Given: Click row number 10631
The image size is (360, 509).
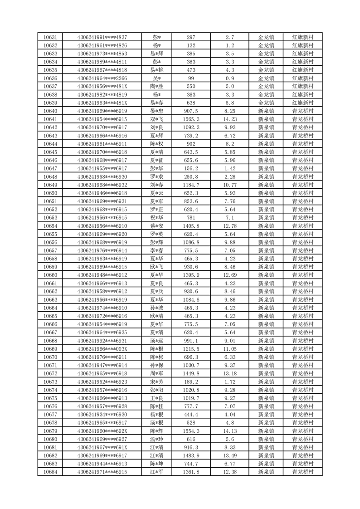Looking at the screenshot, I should click(50, 37).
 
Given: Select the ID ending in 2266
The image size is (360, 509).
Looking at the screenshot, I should click(102, 78).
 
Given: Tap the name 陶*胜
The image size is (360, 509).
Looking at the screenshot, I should click(156, 86).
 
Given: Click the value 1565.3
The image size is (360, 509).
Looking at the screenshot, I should click(191, 119).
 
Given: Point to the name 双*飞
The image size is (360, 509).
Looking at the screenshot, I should click(156, 119).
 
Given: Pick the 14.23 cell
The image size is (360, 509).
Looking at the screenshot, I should click(229, 119).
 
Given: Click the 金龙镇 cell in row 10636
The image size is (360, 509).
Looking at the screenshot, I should click(266, 78).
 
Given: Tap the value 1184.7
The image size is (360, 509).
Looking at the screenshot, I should click(191, 185).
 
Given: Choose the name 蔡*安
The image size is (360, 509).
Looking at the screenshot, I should click(156, 226).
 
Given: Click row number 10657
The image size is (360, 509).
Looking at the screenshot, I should click(50, 250).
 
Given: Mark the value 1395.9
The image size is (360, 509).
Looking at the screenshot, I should click(191, 275).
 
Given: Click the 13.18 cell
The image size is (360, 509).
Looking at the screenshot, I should click(229, 373).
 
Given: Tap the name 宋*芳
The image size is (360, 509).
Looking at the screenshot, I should click(156, 382).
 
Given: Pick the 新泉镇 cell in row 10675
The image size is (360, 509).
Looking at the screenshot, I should click(266, 398).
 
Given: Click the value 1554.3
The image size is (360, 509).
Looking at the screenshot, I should click(191, 431).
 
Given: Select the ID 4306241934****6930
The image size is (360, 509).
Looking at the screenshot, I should click(102, 414).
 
